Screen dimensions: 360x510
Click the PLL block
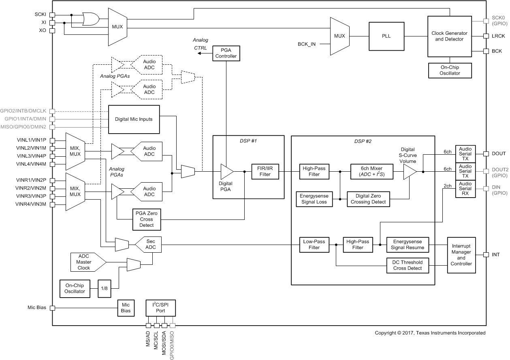pos(386,36)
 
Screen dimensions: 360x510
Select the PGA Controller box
pos(226,53)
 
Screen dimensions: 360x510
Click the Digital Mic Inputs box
pos(134,119)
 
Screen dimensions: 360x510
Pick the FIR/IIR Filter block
pos(266,171)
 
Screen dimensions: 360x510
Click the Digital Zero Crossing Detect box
pos(368,199)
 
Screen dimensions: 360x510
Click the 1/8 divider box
pos(104,288)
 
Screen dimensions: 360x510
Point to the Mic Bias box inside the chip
pos(126,308)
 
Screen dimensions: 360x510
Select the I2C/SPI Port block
pos(161,308)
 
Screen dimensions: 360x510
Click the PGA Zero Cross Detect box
pos(146,219)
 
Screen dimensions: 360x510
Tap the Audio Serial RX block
pos(465,188)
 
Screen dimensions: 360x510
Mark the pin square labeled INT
pos(486,255)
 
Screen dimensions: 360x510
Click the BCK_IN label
pos(306,44)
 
